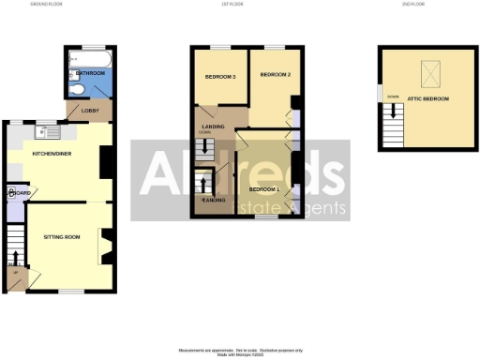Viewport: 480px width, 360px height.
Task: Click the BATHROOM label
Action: point(90,72)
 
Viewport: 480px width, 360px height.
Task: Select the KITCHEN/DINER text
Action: point(50,153)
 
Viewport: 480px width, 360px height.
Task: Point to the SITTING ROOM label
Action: point(62,237)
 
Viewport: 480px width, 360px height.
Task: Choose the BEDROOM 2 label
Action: point(276,75)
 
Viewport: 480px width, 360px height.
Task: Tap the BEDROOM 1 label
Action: point(265,189)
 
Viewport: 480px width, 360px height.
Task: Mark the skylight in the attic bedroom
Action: point(432,72)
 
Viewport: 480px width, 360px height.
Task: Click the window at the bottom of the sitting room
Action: point(67,292)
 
